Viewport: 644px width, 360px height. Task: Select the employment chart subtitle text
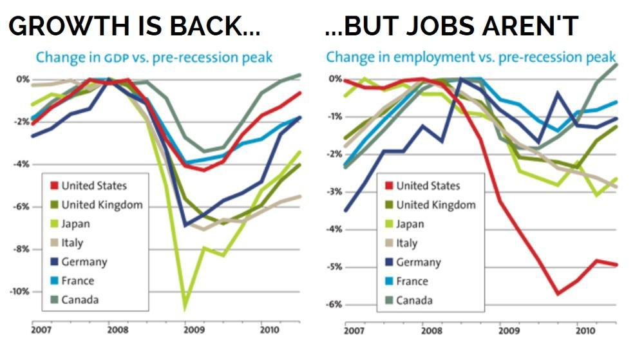coord(470,57)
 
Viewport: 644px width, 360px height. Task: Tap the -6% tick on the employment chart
coord(334,304)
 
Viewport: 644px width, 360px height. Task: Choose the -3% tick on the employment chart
coord(334,191)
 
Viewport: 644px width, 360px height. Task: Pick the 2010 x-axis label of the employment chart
coord(585,331)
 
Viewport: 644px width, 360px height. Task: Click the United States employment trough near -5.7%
coord(558,293)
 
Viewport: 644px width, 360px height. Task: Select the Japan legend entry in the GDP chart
coord(75,224)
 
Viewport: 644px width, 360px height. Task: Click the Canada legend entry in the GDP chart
coord(80,299)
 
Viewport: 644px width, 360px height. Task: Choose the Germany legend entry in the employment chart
coord(418,262)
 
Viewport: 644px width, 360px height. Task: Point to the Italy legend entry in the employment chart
coord(406,243)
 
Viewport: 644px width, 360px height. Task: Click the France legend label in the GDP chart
coord(77,281)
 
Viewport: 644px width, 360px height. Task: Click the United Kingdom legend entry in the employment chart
coord(435,205)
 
